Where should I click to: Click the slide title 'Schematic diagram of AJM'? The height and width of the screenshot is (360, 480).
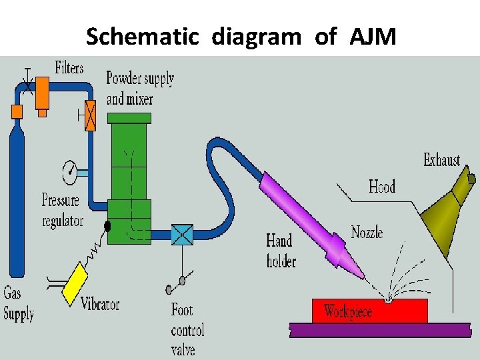click(241, 37)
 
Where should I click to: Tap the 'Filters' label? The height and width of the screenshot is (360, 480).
click(69, 68)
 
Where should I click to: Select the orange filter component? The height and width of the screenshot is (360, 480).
click(43, 92)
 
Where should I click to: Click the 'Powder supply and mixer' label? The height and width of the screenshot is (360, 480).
click(140, 88)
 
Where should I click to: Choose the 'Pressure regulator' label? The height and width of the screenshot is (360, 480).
click(61, 210)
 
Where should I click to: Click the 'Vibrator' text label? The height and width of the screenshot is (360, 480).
click(100, 305)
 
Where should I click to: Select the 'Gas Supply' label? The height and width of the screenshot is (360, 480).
click(19, 303)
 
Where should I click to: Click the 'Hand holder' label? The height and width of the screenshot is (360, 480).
click(281, 249)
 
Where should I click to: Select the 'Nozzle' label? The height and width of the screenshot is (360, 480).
click(367, 232)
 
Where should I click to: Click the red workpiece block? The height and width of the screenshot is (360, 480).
click(369, 311)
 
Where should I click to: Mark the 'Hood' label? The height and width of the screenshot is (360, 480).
click(382, 186)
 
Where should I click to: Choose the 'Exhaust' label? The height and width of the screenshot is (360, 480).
click(441, 160)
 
